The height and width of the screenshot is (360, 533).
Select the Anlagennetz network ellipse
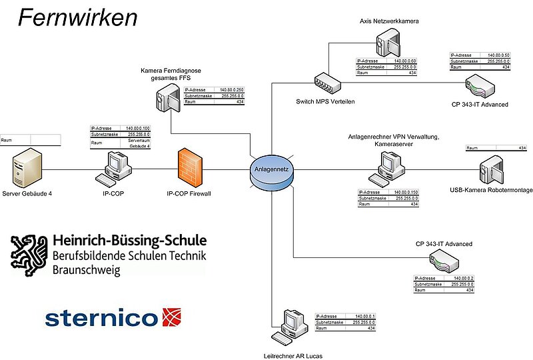272,169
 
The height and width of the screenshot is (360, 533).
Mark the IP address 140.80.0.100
138,128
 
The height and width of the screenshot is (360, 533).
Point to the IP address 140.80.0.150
405,192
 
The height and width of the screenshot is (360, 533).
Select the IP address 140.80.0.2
462,277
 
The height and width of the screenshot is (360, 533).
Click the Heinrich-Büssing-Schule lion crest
27,254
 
